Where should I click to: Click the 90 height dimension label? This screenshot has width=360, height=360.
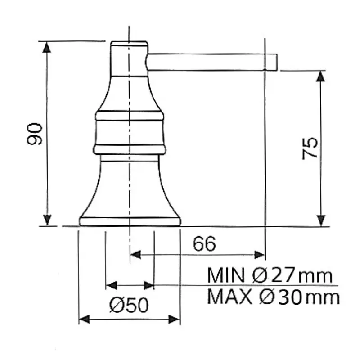pos(35,134)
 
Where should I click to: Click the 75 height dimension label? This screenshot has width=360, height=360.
pos(310,148)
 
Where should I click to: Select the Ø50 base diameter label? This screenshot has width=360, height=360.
pos(129,306)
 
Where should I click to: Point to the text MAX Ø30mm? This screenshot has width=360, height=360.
pos(273,297)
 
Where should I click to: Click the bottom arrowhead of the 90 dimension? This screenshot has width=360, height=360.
pos(47,220)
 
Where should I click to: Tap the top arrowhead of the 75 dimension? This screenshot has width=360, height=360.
pos(320,76)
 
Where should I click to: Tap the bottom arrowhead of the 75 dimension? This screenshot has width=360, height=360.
pos(320,220)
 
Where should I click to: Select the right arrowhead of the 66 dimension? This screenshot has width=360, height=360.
pos(259,255)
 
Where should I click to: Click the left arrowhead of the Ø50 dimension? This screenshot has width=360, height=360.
pos(84,319)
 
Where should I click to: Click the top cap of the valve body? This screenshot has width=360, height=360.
pos(129,44)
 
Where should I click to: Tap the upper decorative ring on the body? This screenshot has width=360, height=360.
pos(129,116)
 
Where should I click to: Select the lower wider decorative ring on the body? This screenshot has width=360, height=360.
pos(130,149)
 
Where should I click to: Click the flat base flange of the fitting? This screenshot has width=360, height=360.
pos(130,221)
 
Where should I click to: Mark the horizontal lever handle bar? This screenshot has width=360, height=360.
pos(207,62)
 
